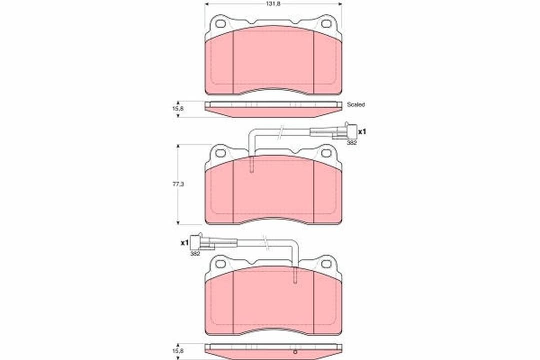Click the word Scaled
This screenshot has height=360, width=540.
pos(356,104)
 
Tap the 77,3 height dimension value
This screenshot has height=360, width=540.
pos(178,184)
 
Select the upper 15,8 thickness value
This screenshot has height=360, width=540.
pos(178,108)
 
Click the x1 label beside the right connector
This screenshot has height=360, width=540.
pos(362,132)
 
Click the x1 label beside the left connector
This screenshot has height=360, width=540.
pos(184,243)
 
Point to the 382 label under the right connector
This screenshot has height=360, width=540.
pos(351,142)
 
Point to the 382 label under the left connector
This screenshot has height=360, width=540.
pos(195,253)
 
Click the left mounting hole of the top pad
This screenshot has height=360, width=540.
pos(220,24)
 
